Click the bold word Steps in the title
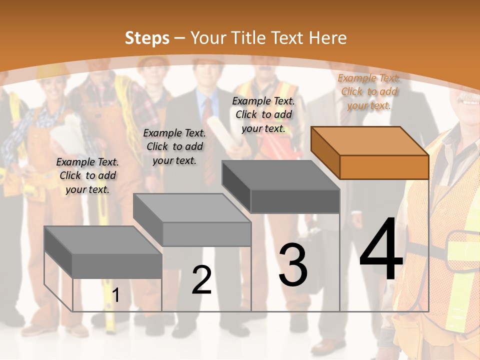pyautogui.click(x=147, y=38)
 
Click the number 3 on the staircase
pyautogui.click(x=293, y=265)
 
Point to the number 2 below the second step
pyautogui.click(x=201, y=280)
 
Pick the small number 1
pyautogui.click(x=116, y=295)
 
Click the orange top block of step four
pyautogui.click(x=370, y=152)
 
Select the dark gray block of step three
pyautogui.click(x=281, y=187)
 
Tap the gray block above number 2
pyautogui.click(x=192, y=220)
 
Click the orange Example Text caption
pyautogui.click(x=369, y=91)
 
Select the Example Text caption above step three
pyautogui.click(x=264, y=114)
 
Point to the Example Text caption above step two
pyautogui.click(x=174, y=146)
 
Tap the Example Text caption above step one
pyautogui.click(x=87, y=175)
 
